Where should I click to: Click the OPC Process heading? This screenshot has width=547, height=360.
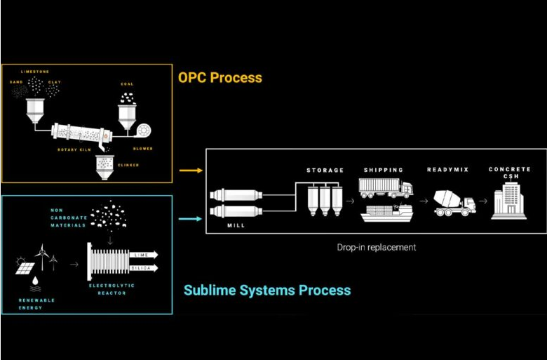tap(219, 76)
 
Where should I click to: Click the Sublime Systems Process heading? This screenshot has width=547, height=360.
tap(267, 290)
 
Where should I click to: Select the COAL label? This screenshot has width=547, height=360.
tap(127, 84)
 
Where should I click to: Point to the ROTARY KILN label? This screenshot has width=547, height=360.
tap(73, 149)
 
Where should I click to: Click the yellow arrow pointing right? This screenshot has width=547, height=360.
tap(189, 170)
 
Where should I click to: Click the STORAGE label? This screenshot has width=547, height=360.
tap(325, 171)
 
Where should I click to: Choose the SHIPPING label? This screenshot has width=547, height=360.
tap(384, 171)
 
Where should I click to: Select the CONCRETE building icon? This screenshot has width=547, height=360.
tap(509, 201)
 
